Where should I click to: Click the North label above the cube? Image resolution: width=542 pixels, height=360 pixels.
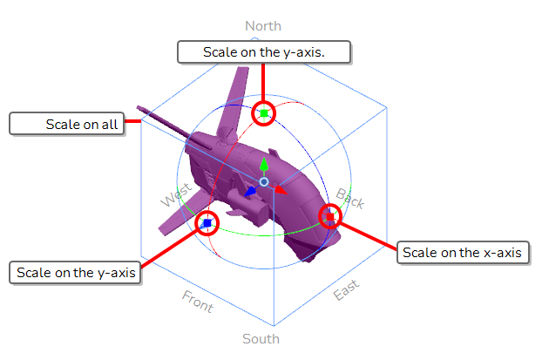tap(263, 26)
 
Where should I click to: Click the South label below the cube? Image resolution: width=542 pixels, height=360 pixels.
tap(261, 339)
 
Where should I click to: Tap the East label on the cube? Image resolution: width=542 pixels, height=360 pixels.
tap(346, 289)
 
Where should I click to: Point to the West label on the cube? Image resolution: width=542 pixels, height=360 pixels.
tap(176, 194)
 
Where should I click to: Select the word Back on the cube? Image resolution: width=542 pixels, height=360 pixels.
tap(350, 199)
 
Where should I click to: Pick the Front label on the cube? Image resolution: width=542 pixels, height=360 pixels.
tap(198, 302)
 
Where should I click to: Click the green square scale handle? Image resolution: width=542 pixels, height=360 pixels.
tap(264, 113)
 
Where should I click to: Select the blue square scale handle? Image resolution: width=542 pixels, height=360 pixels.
tap(207, 223)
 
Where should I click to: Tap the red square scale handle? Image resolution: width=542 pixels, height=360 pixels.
tap(330, 216)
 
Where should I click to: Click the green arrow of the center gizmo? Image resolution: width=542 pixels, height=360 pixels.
tap(264, 165)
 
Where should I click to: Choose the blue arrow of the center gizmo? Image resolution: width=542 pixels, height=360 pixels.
tap(251, 192)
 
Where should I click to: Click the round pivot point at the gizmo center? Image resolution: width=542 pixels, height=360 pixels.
tap(264, 182)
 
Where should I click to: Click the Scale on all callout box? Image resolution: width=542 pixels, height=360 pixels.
tap(67, 124)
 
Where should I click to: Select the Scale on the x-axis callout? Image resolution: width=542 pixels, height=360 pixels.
tap(464, 253)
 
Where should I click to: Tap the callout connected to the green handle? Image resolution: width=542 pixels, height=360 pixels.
tap(264, 52)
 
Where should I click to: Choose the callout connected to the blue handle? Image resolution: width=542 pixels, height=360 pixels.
tap(75, 273)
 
